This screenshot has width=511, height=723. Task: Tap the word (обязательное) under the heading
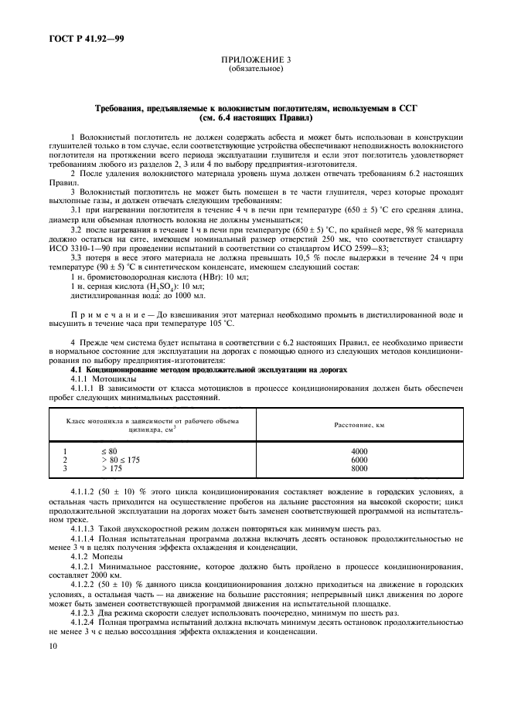point(255,69)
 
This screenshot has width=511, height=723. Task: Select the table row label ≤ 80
point(108,450)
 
